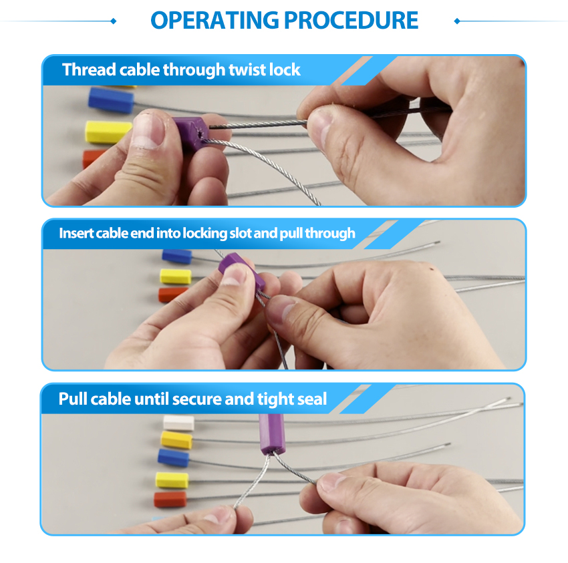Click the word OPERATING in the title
click(215, 20)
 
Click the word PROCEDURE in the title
click(351, 20)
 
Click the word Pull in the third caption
click(72, 399)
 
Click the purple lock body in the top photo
click(190, 132)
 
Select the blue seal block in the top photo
click(111, 100)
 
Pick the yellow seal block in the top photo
click(108, 132)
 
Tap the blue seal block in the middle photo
click(177, 256)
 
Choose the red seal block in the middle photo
click(172, 295)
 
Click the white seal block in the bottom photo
click(178, 423)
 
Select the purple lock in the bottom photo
click(273, 433)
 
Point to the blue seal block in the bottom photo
click(174, 457)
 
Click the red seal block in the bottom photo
click(170, 500)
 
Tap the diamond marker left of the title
click(114, 21)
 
